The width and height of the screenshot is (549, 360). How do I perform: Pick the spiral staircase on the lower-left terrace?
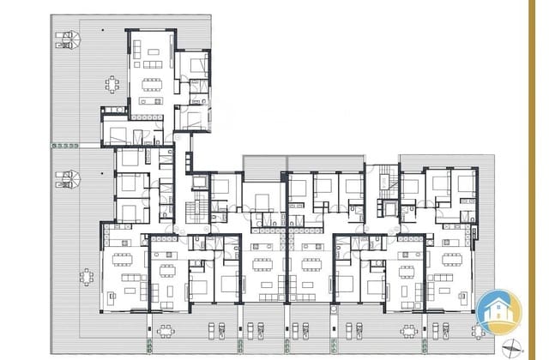point(69,181)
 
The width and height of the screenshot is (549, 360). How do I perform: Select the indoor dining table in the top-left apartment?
point(153,84)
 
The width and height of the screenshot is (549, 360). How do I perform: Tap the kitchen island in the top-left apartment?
point(148,100)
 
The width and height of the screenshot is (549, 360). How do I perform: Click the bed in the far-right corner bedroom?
point(464,183)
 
